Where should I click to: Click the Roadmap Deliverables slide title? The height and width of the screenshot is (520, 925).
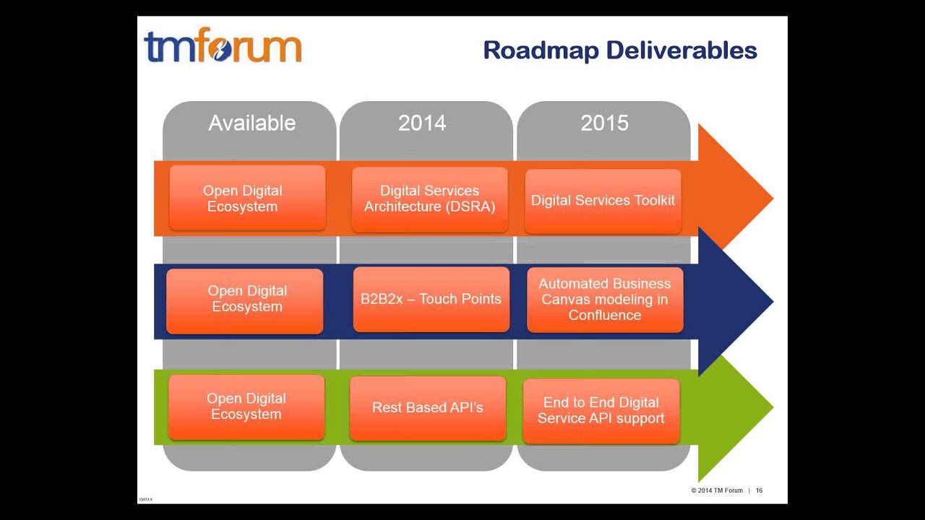coord(619,51)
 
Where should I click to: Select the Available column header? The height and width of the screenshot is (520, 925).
coord(251,123)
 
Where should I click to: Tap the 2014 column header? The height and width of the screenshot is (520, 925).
coord(422,123)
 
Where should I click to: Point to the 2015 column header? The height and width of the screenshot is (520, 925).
coord(604,123)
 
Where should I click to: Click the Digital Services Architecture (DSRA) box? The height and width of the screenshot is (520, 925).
coord(430,199)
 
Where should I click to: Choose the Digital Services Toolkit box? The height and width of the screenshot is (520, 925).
coord(603,201)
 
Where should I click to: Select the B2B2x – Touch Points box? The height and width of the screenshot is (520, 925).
coord(431,299)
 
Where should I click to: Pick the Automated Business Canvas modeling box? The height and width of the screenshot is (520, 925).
coord(605,300)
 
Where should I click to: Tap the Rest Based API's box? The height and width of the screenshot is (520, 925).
coord(427,408)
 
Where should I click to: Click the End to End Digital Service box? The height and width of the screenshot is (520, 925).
coord(601,411)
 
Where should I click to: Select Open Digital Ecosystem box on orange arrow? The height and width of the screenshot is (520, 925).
coord(247,199)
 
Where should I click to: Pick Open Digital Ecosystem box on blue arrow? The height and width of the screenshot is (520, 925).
coord(245,300)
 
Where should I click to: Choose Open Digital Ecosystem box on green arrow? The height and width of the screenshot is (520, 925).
coord(246,407)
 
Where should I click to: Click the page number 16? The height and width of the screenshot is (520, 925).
coord(760,490)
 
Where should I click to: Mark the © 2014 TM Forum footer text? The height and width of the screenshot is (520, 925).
coord(716,490)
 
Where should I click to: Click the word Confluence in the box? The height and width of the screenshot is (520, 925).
coord(605,316)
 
